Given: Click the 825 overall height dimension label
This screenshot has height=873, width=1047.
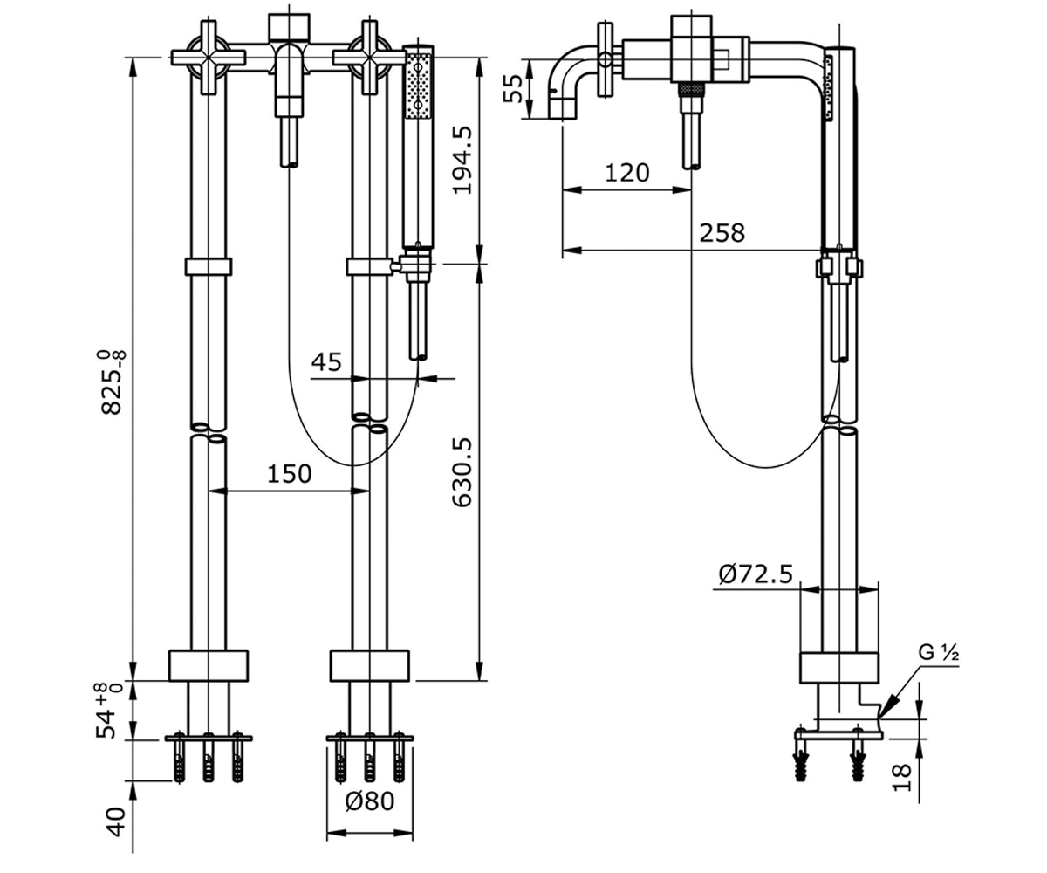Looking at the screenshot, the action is (x=112, y=382).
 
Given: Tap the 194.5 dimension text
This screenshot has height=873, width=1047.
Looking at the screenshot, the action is (x=462, y=160).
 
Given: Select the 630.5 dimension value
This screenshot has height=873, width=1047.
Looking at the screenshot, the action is (x=462, y=472).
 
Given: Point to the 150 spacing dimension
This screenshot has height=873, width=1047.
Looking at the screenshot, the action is (x=290, y=474).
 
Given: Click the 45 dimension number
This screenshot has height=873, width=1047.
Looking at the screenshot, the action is (x=326, y=361).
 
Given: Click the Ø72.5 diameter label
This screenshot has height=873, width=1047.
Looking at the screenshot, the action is (x=756, y=574).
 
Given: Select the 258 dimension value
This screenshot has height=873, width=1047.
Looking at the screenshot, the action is (x=722, y=233).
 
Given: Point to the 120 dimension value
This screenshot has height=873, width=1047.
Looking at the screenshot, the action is (x=626, y=173).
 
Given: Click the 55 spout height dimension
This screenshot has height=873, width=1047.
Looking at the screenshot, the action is (x=513, y=89).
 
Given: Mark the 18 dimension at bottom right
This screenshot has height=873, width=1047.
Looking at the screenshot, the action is (x=902, y=778).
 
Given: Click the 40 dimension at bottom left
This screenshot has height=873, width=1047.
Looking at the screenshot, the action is (x=117, y=822).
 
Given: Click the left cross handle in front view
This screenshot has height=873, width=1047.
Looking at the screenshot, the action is (x=209, y=58).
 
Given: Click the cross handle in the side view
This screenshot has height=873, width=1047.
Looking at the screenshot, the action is (x=606, y=59).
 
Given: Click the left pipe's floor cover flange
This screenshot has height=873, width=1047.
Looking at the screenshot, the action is (x=209, y=666).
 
